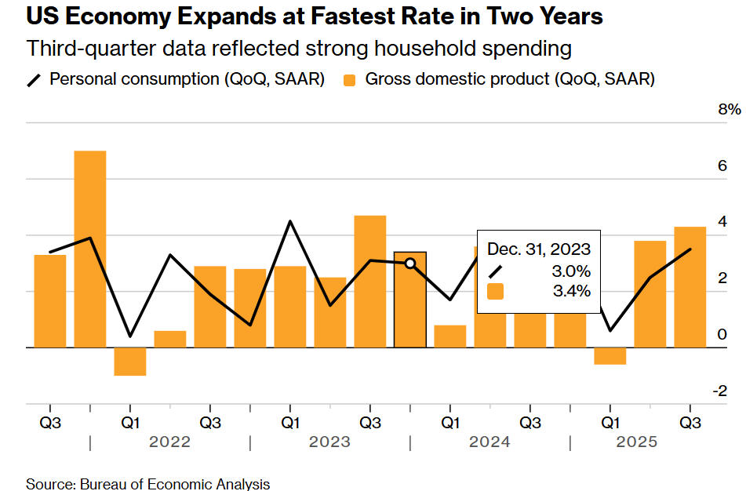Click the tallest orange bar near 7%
(90, 248)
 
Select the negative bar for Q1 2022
(130, 361)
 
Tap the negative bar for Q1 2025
(610, 355)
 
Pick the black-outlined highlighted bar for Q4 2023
(409, 300)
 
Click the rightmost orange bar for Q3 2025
(690, 287)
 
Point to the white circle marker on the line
(409, 263)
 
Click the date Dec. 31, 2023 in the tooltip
(539, 249)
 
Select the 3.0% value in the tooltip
(571, 271)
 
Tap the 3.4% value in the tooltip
(571, 292)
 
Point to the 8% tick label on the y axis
(730, 110)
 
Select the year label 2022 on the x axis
(170, 442)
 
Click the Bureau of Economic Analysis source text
(174, 483)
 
